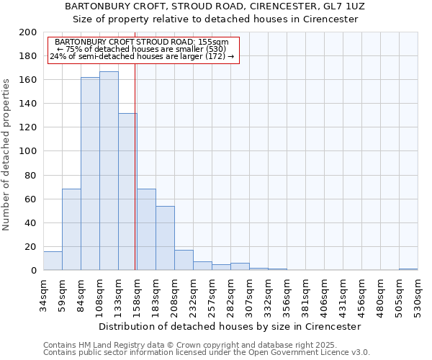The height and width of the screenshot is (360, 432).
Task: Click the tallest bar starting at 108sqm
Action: pos(109,171)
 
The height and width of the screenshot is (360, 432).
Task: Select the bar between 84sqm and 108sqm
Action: pos(90,174)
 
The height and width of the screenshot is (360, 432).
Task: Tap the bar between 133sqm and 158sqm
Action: pos(127,192)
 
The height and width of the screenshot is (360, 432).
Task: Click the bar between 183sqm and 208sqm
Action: pos(165,238)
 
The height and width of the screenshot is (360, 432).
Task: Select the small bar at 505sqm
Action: pos(408,269)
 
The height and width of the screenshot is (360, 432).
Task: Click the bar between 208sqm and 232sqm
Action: pos(184,260)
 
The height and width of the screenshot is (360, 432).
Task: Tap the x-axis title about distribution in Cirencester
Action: pos(230,326)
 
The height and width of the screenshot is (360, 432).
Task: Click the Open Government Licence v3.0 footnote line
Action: pos(207,352)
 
